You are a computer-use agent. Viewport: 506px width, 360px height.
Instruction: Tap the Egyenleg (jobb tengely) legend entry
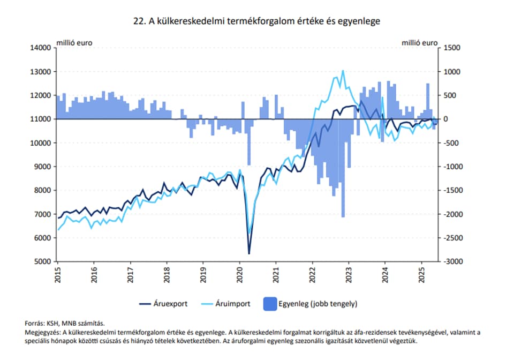[x=311, y=304]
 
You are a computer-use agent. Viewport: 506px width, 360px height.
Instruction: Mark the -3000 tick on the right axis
[x=450, y=261]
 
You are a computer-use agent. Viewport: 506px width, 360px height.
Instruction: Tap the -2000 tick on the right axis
[x=450, y=214]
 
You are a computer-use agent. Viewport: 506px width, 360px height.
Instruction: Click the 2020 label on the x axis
[x=239, y=274]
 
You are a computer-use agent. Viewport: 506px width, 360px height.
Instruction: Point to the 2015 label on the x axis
[x=57, y=274]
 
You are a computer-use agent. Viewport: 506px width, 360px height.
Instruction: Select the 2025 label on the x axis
[x=421, y=274]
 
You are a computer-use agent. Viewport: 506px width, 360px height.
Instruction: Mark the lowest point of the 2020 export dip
[x=249, y=253]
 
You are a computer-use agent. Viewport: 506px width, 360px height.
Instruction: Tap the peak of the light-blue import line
[x=342, y=71]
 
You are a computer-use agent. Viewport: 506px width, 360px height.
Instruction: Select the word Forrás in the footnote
[x=35, y=323]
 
